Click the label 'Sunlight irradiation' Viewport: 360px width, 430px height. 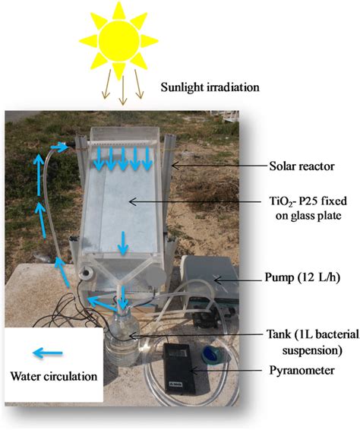pos(210,88)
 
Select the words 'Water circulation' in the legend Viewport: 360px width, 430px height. pos(53,376)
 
